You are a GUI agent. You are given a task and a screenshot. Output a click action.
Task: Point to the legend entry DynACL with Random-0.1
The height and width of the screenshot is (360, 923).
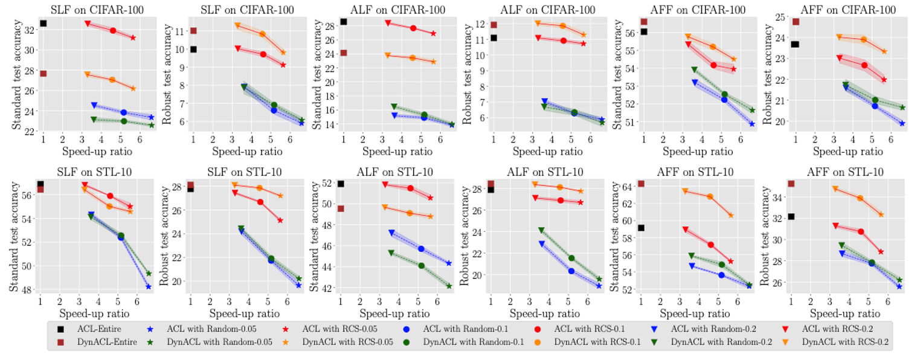(x=458, y=342)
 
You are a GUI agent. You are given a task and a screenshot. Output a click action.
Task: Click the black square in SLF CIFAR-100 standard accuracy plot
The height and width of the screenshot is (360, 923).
(x=43, y=24)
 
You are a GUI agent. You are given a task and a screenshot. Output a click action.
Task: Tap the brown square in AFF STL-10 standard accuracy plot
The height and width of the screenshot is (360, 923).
(x=642, y=184)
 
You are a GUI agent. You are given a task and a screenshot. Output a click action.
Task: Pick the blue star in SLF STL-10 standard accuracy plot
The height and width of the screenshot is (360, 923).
(x=149, y=287)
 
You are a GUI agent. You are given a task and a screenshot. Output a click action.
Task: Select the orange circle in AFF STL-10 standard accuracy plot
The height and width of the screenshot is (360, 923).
(x=710, y=197)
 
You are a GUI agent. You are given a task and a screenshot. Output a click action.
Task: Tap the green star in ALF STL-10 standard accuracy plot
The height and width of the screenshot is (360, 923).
(x=449, y=286)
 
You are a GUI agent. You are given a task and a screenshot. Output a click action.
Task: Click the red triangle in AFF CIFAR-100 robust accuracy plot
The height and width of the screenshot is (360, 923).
(x=840, y=58)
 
